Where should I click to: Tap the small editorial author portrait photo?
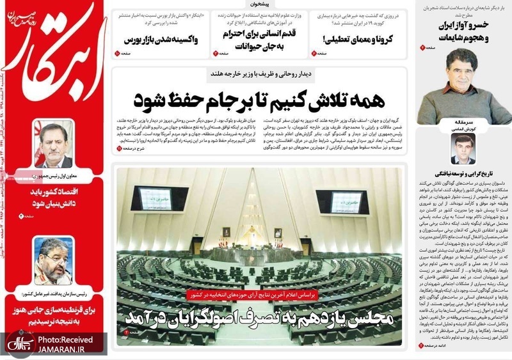463,151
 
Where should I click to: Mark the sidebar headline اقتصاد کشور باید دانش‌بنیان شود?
55,197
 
